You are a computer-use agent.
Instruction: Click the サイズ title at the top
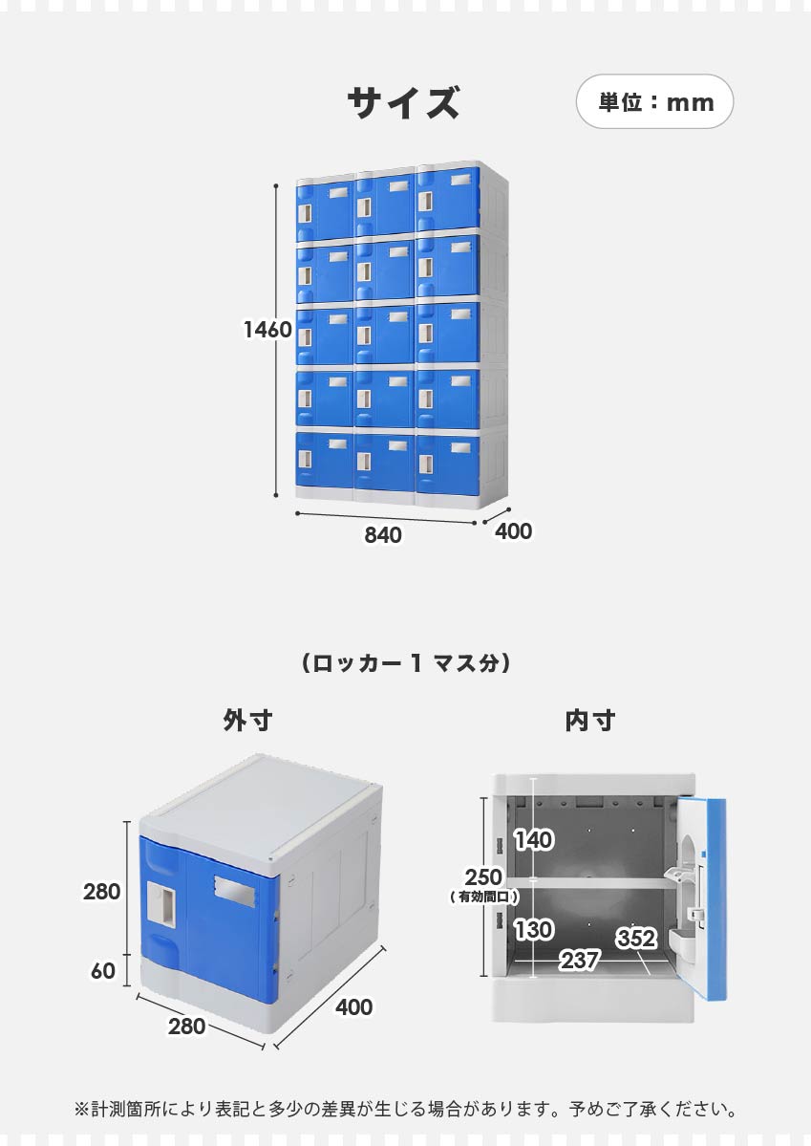pyautogui.click(x=403, y=102)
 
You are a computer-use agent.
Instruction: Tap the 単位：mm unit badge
pyautogui.click(x=654, y=101)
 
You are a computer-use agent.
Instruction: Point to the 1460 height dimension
pyautogui.click(x=267, y=330)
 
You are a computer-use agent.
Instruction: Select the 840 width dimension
pyautogui.click(x=383, y=535)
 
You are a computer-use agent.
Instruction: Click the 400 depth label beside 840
pyautogui.click(x=513, y=531)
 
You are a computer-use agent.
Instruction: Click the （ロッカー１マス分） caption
pyautogui.click(x=405, y=663)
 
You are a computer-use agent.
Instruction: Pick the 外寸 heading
pyautogui.click(x=247, y=721)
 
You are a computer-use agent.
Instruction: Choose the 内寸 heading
pyautogui.click(x=590, y=721)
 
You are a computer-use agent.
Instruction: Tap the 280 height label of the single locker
pyautogui.click(x=101, y=892)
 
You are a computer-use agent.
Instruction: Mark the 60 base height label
pyautogui.click(x=103, y=970)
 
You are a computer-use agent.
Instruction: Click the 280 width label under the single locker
pyautogui.click(x=186, y=1027)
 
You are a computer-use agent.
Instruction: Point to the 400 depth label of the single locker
pyautogui.click(x=353, y=1007)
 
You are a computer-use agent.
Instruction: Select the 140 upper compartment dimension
pyautogui.click(x=533, y=840)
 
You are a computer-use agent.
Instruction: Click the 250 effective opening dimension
pyautogui.click(x=483, y=877)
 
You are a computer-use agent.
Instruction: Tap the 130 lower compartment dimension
pyautogui.click(x=533, y=930)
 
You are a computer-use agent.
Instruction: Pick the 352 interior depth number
pyautogui.click(x=636, y=938)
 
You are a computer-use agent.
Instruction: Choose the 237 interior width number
pyautogui.click(x=580, y=960)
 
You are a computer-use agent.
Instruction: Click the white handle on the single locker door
pyautogui.click(x=162, y=905)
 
